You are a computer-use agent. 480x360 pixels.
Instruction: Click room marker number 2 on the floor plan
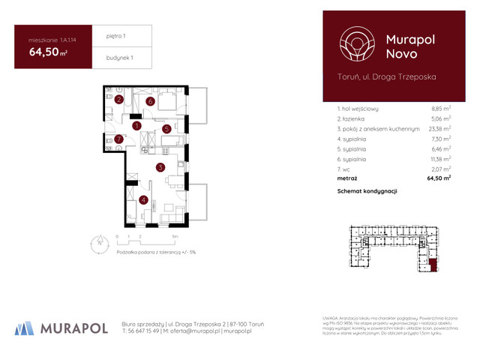[119, 100]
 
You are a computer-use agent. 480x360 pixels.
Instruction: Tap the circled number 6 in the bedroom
[151, 101]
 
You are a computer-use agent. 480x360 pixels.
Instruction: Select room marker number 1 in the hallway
[136, 126]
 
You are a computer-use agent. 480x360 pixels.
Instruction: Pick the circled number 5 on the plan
[167, 129]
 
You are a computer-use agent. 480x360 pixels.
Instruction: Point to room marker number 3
[160, 168]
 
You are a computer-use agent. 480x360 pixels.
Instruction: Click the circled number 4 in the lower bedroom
[142, 199]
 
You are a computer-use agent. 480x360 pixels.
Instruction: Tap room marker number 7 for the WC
[118, 139]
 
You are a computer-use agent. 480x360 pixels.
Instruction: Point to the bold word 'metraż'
[348, 179]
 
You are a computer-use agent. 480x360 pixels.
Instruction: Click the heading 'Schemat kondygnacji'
[367, 192]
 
